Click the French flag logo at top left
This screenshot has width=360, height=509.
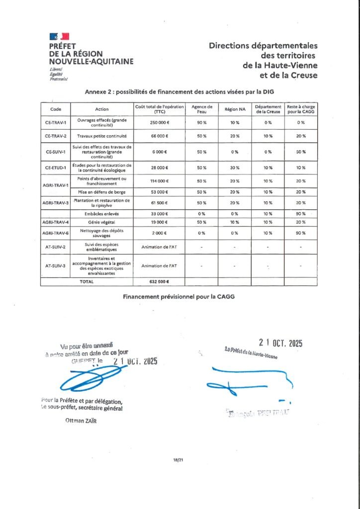(x=59, y=36)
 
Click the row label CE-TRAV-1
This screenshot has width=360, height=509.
(x=55, y=122)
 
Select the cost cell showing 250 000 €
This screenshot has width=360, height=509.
(x=159, y=122)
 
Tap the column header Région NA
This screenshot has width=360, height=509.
(x=233, y=109)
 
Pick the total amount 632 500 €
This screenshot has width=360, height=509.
(x=159, y=281)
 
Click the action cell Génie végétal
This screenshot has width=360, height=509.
(x=101, y=222)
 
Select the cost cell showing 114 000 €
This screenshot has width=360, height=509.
(x=159, y=181)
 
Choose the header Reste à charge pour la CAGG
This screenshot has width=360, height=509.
(x=301, y=109)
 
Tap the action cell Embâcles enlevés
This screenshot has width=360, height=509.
(x=101, y=213)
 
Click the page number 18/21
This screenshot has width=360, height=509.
(x=180, y=460)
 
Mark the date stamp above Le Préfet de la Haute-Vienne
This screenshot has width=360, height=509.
(x=280, y=343)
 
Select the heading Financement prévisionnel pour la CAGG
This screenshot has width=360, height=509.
(x=179, y=296)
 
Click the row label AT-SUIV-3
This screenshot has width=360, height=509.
(x=55, y=266)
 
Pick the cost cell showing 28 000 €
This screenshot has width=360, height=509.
(x=159, y=168)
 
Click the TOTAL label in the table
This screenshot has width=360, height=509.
(x=87, y=281)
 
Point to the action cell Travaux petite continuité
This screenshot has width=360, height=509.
(x=101, y=136)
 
